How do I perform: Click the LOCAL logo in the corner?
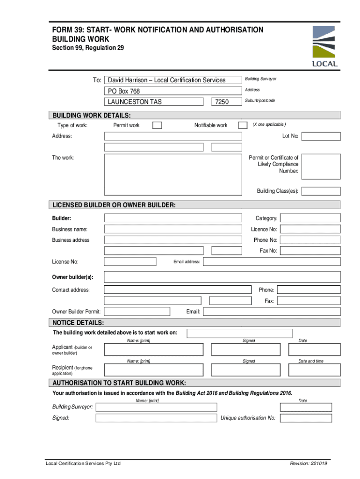coord(324,46)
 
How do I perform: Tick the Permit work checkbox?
coord(158,125)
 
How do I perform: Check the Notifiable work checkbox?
coord(243,125)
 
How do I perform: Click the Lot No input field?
coord(322,136)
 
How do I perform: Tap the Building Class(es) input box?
coord(322,191)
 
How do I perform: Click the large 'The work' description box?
coord(173,174)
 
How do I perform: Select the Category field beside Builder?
coord(310,218)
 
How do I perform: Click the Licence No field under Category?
coord(310,229)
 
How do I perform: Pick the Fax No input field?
coord(310,251)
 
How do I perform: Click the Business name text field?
coord(173,229)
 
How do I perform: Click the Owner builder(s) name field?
coord(222,276)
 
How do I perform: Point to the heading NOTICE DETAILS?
coord(78,323)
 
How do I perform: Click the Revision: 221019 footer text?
coord(308,464)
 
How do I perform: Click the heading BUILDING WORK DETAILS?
coord(91,116)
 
